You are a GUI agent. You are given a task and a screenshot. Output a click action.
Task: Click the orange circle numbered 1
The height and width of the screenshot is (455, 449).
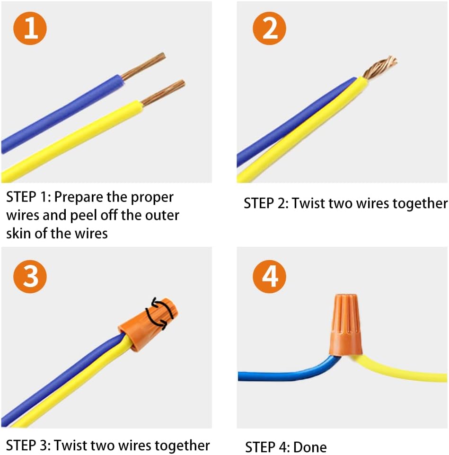(x=30, y=28)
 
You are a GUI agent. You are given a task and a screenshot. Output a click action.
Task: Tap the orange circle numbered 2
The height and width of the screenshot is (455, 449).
(x=269, y=28)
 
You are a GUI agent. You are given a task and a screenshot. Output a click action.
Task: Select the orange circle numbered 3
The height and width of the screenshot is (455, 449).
(x=30, y=276)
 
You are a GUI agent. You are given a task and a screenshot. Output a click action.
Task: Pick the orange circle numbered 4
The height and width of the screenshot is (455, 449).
(x=269, y=276)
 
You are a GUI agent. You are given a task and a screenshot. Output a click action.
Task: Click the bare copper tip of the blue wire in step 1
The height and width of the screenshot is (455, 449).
(x=143, y=66)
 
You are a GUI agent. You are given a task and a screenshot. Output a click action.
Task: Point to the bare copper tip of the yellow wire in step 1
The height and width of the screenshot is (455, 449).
(x=163, y=93)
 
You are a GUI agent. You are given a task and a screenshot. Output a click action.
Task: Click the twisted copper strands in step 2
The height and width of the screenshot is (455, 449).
(x=379, y=67)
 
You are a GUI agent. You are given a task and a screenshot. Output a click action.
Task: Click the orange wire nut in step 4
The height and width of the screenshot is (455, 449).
(x=345, y=325)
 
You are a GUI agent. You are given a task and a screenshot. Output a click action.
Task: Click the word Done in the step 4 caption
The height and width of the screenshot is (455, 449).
(x=310, y=447)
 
